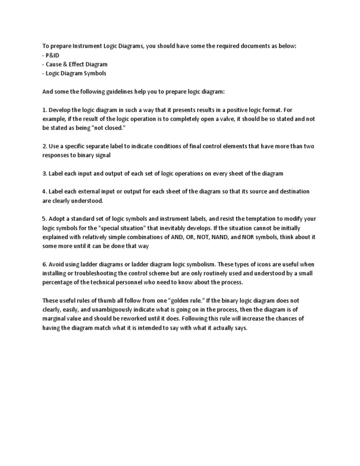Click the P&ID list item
[51, 55]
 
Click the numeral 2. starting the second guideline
[45, 146]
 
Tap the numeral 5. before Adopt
[45, 219]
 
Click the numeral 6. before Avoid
[45, 264]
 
